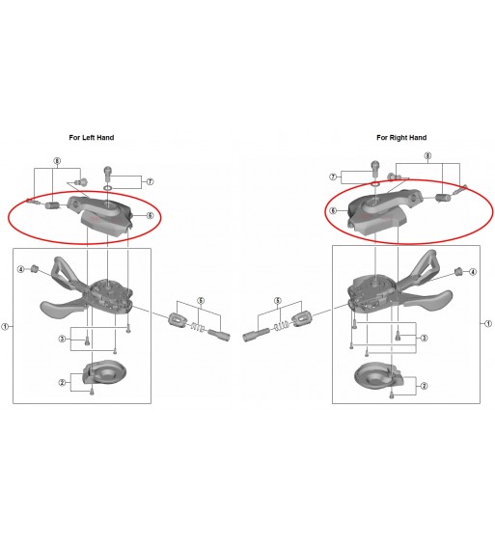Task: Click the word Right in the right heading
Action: [399, 138]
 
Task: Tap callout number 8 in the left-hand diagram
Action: [57, 161]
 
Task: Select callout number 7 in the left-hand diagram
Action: [150, 181]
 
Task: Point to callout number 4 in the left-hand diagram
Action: [21, 269]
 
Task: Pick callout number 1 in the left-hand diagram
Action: [5, 326]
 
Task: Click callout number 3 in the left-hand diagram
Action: [62, 339]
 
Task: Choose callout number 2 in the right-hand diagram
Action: [424, 386]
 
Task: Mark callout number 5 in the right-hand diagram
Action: [277, 301]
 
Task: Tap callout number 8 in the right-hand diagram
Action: [427, 156]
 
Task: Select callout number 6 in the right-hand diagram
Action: [333, 210]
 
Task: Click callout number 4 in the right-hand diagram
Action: [473, 272]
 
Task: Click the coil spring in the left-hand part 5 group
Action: [198, 327]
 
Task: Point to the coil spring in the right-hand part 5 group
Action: [281, 326]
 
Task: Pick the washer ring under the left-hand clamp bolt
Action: [108, 188]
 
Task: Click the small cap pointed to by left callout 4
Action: [35, 268]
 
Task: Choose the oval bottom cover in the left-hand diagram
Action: [104, 373]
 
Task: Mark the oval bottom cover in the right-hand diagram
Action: [378, 375]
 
